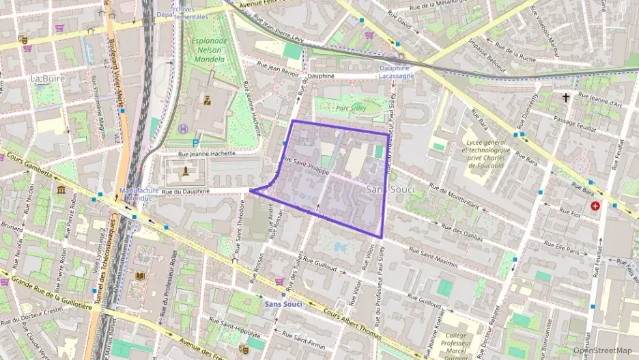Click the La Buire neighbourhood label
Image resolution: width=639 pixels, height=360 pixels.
point(47,79)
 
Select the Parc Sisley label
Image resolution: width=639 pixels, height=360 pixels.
point(351,107)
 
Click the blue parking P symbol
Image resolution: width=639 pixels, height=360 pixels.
point(197,143)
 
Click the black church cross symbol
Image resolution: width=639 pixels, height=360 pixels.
point(565,98)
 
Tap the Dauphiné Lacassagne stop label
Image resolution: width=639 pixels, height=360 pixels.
point(395,72)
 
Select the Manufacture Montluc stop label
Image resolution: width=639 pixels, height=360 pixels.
point(139,195)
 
